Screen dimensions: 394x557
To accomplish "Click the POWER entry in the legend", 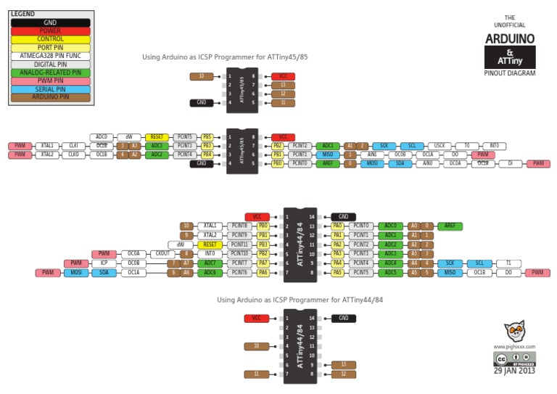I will [50, 31].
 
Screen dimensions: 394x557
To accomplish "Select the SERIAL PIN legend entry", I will [50, 89].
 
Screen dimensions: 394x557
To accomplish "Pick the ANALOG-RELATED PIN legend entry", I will [50, 73].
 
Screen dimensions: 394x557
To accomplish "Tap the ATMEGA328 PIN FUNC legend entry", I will [50, 56].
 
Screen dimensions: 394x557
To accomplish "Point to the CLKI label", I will [73, 146].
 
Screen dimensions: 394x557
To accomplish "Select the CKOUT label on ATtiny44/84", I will [162, 254].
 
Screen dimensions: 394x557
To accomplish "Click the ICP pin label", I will [104, 263].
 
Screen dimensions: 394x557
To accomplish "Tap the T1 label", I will [508, 263].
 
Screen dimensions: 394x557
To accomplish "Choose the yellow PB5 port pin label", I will [207, 137].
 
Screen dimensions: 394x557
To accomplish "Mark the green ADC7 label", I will [210, 263].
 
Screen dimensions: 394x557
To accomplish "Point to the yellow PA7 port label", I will [263, 263].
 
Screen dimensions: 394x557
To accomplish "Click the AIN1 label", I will [372, 155].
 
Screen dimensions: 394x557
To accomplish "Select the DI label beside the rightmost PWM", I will [510, 164].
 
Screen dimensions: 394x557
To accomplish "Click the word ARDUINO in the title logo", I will [510, 38].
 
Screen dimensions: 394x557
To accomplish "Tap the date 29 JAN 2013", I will [514, 370].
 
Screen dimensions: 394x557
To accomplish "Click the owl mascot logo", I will [514, 332].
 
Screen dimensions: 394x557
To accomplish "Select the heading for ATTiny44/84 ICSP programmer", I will [300, 300].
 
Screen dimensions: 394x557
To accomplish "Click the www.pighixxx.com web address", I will [514, 347].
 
